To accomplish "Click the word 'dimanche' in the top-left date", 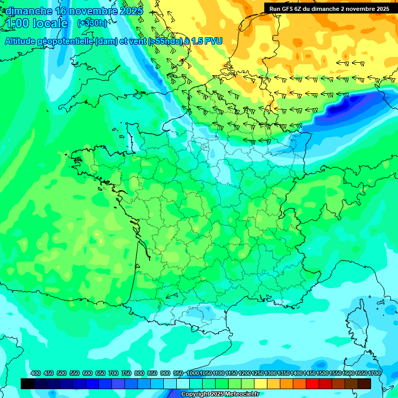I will point(29,11).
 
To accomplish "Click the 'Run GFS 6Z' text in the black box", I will point(287,8).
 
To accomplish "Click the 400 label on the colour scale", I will point(36,373).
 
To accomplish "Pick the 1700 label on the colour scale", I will point(374,373).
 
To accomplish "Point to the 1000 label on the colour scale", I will point(192,373).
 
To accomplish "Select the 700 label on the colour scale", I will point(113,373).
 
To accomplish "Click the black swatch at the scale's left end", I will point(27,383).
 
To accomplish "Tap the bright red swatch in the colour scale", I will point(312,383).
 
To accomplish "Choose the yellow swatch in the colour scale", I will point(261,383).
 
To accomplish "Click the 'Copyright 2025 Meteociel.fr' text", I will point(220,394).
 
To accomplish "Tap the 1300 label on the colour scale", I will point(270,373).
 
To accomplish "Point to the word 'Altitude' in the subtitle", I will point(20,41).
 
